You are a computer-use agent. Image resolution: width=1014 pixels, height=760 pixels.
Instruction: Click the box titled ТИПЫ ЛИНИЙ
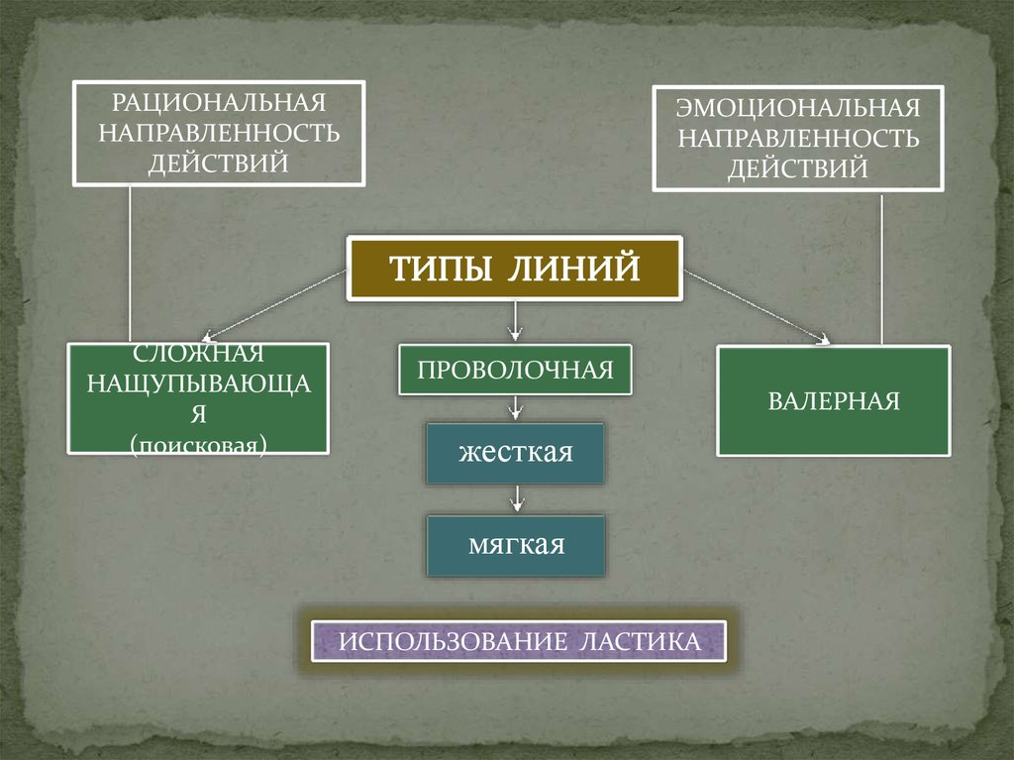point(514,269)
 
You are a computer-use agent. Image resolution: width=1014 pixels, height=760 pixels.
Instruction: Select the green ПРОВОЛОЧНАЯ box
point(515,370)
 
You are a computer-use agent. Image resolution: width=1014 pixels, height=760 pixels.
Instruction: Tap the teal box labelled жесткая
point(515,454)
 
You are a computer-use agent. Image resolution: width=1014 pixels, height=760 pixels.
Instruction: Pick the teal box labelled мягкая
point(515,545)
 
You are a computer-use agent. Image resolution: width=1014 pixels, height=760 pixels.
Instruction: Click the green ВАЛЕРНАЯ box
point(833,400)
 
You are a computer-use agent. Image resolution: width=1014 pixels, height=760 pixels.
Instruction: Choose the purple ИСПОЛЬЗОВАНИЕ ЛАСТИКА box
point(519,641)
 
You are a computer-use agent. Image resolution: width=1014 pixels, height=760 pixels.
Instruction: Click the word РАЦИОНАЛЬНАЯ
point(218,102)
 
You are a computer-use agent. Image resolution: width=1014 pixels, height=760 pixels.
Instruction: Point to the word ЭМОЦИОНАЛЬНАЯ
point(798,106)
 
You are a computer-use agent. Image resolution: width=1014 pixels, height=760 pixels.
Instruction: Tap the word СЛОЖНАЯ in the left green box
point(197,354)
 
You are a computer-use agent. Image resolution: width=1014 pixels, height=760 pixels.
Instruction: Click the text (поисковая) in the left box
point(198,445)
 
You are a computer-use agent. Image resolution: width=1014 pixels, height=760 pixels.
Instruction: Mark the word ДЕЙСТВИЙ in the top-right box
point(798,166)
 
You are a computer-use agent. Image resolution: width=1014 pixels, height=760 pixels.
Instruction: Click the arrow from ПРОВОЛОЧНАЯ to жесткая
point(515,408)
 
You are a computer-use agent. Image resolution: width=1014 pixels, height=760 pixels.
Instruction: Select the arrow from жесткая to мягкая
point(515,498)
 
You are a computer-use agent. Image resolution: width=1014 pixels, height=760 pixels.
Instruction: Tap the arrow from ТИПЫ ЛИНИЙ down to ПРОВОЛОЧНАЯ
point(515,320)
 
